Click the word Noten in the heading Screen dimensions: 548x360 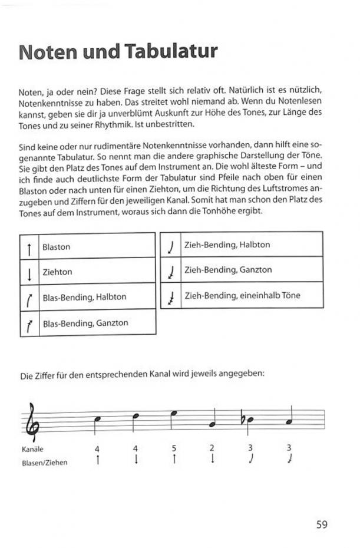click(47, 51)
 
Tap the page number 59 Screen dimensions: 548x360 click(321, 524)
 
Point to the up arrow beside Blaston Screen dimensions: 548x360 click(29, 247)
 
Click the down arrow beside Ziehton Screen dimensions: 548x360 click(29, 273)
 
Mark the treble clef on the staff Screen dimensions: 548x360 click(33, 421)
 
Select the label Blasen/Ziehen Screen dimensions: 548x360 click(44, 463)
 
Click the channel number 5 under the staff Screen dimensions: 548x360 click(174, 449)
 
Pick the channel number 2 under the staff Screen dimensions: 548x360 click(212, 449)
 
